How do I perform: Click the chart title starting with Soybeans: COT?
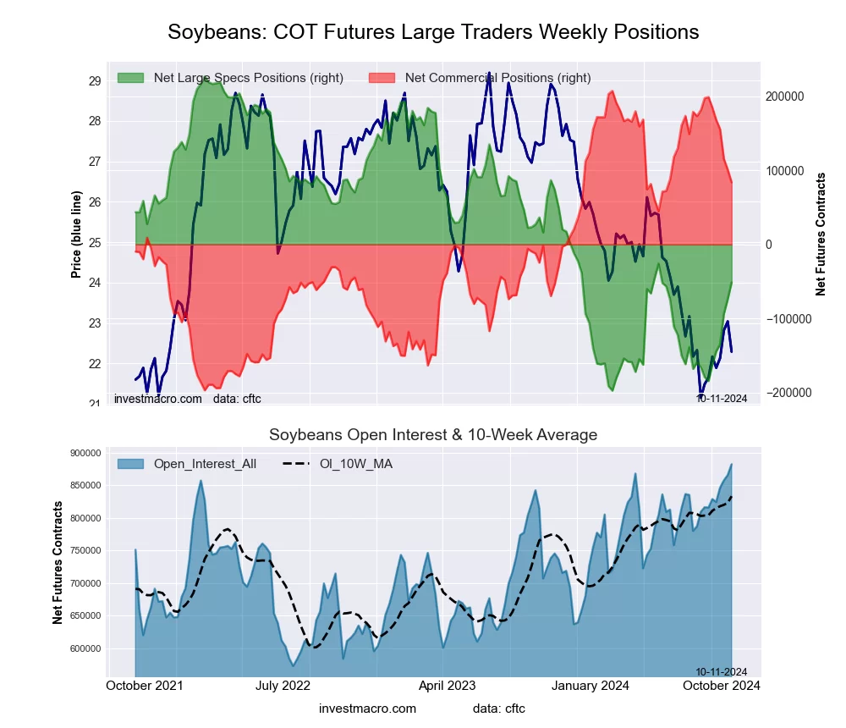[x=433, y=32]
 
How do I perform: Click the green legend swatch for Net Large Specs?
[x=130, y=78]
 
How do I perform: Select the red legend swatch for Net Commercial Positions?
[x=382, y=78]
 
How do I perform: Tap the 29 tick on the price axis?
[x=96, y=81]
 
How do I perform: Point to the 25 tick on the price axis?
[x=96, y=243]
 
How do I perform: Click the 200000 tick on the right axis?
[x=784, y=97]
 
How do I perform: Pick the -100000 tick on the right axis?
[x=783, y=319]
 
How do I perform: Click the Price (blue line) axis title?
[x=76, y=234]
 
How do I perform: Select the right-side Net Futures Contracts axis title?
[x=821, y=234]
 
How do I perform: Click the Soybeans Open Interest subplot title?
[x=433, y=435]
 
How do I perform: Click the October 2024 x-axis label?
[x=721, y=686]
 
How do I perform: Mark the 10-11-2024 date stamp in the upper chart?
[x=722, y=399]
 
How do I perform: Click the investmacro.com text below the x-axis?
[x=367, y=709]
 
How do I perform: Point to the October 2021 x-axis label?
[x=146, y=686]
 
